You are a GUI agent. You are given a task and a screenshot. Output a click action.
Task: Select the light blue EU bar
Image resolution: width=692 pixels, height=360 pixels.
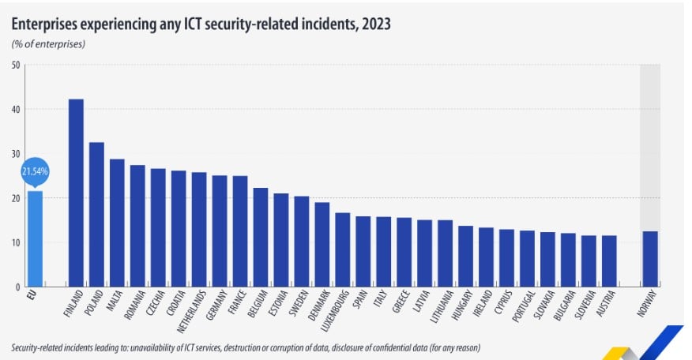tap(35, 238)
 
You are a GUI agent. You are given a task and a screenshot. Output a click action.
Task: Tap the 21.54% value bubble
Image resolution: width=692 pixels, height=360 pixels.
tap(35, 171)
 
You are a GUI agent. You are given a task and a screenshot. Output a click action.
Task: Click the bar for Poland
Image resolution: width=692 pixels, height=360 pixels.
tap(96, 214)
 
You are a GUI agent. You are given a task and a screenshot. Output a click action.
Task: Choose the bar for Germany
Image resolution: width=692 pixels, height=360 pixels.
tap(220, 231)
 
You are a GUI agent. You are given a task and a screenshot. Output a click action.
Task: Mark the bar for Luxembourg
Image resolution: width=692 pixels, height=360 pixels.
tap(343, 249)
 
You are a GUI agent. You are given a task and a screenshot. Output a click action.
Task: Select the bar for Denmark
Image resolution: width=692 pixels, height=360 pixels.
tap(322, 244)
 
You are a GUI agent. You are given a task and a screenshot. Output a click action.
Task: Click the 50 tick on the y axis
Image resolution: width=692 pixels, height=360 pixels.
tap(16, 65)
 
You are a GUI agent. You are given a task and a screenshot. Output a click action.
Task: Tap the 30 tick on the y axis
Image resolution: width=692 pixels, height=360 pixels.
tap(16, 153)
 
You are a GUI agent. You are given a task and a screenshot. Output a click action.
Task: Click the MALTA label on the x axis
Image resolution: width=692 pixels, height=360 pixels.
tap(114, 303)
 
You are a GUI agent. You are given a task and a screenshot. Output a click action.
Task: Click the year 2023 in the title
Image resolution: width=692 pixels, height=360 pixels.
tap(374, 24)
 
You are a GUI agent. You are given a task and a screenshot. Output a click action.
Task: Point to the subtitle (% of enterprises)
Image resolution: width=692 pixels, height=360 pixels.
tap(48, 43)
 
